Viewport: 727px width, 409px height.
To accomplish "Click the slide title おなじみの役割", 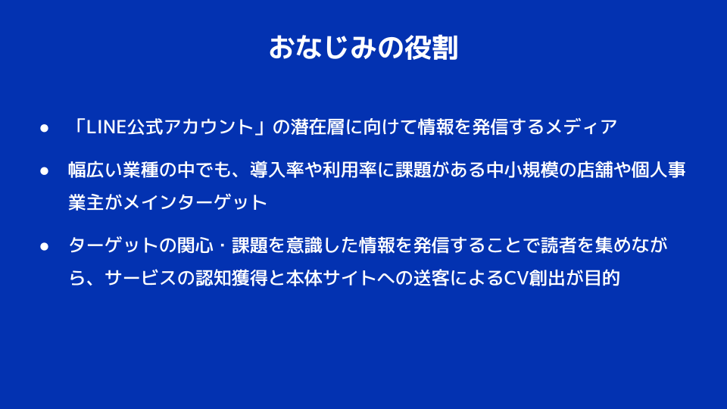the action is point(363,48).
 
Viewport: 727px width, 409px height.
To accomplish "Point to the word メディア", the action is point(582,127).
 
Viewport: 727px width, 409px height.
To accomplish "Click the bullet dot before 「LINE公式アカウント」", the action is point(44,128).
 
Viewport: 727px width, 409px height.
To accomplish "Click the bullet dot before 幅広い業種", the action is point(44,171).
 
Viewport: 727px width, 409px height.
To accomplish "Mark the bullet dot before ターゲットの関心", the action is point(44,246).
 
